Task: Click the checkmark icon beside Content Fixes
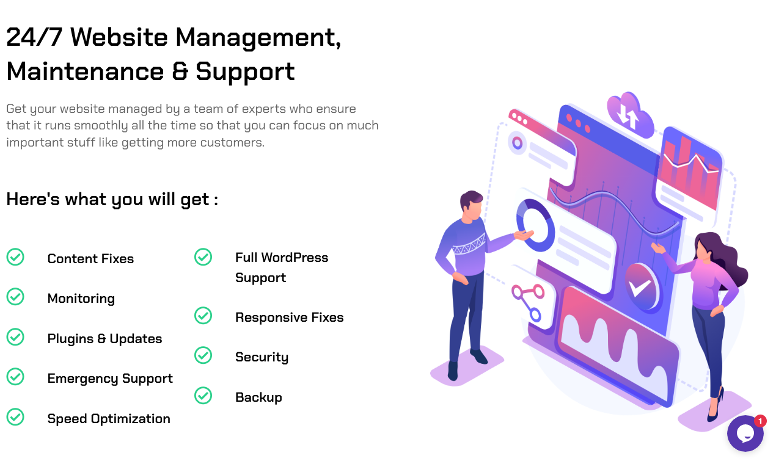pos(15,257)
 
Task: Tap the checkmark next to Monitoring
pos(15,297)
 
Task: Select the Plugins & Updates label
pos(104,339)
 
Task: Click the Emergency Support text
pos(110,379)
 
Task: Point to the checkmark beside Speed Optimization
pos(15,417)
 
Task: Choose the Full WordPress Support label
pos(281,267)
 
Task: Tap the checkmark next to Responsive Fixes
pos(203,316)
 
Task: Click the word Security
pos(262,357)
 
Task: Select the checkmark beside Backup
pos(203,396)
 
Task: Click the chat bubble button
pos(745,433)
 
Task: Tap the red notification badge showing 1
pos(760,421)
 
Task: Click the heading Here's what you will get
pos(112,199)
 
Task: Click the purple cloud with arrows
pos(629,114)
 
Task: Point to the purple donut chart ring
pos(535,224)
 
